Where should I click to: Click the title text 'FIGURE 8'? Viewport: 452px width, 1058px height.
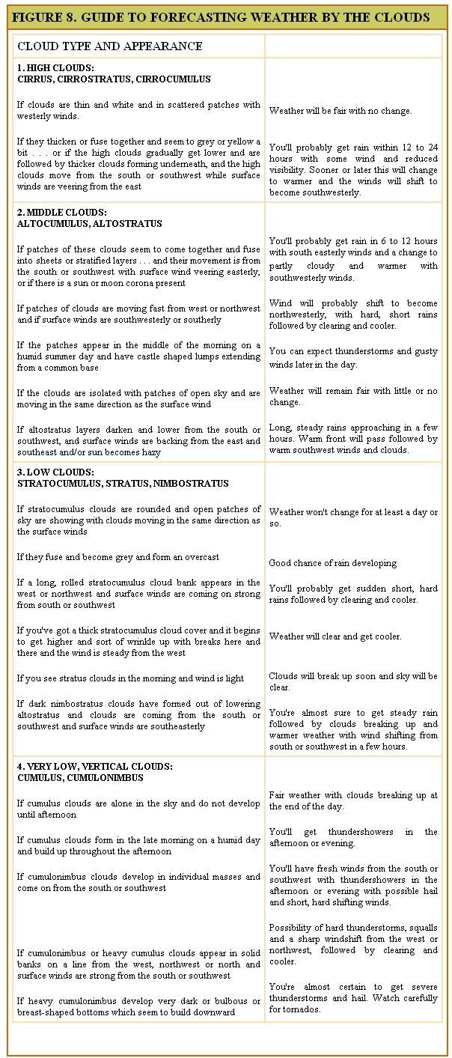[46, 17]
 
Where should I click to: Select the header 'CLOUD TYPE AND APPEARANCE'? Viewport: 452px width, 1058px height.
[109, 46]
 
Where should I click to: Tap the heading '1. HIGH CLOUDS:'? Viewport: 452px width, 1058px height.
[55, 68]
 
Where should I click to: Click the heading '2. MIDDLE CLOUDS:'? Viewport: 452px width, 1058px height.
[62, 213]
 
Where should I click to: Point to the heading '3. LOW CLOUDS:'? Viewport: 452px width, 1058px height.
[55, 472]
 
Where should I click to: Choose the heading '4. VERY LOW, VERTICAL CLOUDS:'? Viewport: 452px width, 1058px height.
[95, 767]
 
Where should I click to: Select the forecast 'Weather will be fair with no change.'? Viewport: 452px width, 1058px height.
[340, 111]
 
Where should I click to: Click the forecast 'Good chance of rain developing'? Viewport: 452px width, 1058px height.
[333, 563]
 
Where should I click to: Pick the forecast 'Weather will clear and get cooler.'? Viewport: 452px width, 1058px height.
[335, 636]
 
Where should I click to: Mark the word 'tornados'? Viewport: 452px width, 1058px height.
[302, 1009]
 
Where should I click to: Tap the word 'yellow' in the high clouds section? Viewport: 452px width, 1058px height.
[243, 142]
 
